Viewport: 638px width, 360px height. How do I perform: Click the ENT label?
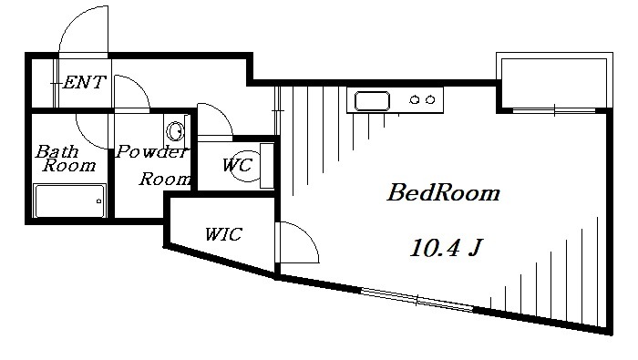[x=84, y=82]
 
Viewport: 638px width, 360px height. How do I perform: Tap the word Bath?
[x=57, y=151]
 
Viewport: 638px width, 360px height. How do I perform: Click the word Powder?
[x=151, y=152]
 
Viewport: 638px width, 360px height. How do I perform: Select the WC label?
[x=236, y=166]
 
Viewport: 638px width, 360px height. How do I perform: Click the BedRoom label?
[x=444, y=193]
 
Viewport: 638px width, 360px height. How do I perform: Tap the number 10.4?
[x=433, y=247]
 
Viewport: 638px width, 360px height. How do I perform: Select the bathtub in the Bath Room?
[x=69, y=201]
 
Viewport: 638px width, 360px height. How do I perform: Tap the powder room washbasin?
[x=176, y=129]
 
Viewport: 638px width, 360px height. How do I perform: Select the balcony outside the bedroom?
[x=552, y=80]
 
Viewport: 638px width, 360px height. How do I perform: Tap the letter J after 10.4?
[x=475, y=248]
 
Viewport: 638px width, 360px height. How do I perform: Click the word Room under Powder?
[x=165, y=179]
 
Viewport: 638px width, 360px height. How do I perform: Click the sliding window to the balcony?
[x=552, y=110]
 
